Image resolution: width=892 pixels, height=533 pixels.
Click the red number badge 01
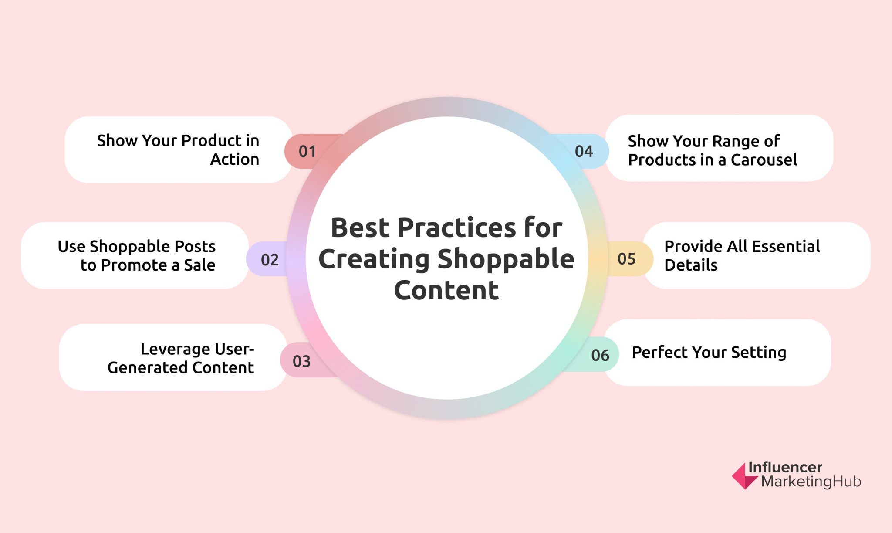pos(307,151)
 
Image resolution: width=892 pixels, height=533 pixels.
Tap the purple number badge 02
pos(269,260)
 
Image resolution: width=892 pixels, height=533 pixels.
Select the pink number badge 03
pos(301,361)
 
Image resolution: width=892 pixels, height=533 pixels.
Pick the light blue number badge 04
pos(584,151)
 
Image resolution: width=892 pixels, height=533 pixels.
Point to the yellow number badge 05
pos(626,259)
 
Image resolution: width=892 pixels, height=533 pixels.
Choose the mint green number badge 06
pos(600,355)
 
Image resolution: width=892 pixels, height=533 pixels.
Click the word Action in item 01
pos(235,160)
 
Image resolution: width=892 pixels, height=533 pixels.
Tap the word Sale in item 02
pos(199,265)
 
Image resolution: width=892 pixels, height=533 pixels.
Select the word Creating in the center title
pos(374,259)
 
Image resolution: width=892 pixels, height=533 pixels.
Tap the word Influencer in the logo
pos(785,468)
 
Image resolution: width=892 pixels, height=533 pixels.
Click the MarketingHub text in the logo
pos(811,482)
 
